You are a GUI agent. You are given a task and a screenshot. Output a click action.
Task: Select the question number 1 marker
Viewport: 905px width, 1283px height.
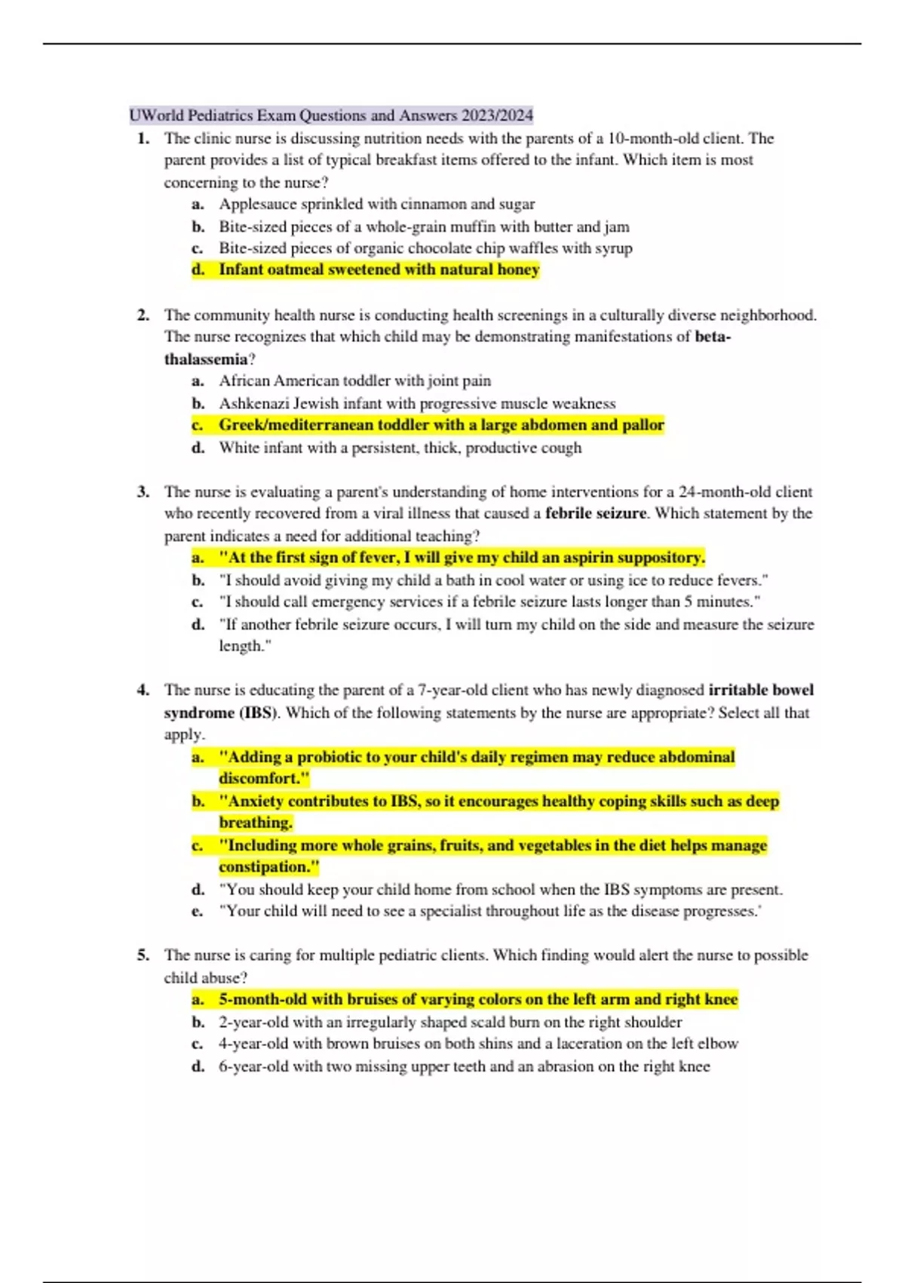pyautogui.click(x=143, y=138)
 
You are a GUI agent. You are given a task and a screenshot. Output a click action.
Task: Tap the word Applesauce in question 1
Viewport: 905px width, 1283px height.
pyautogui.click(x=253, y=204)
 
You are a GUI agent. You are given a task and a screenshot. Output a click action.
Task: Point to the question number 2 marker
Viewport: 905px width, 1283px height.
pyautogui.click(x=143, y=315)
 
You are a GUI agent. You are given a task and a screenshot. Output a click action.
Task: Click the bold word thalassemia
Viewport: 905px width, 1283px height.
pyautogui.click(x=205, y=359)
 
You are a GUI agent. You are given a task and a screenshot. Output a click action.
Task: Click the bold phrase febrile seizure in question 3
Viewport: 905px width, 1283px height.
pyautogui.click(x=596, y=513)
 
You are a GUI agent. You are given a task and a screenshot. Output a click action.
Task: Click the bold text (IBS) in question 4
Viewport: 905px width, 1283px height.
pyautogui.click(x=259, y=712)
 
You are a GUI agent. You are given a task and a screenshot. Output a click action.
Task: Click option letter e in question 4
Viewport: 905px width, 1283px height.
pyautogui.click(x=197, y=911)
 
